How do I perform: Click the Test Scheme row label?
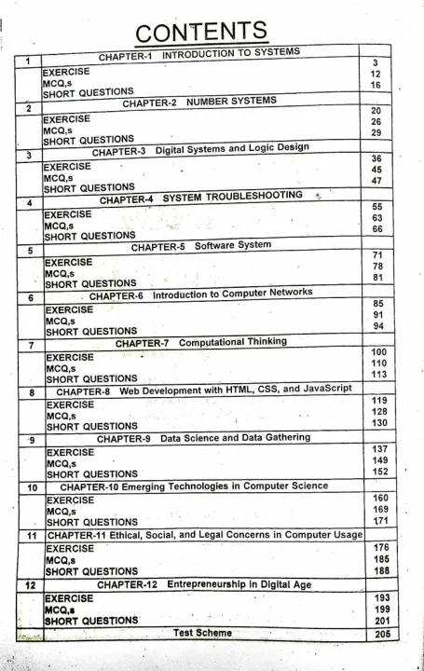click(202, 633)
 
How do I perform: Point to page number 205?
click(377, 634)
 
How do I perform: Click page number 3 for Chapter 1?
click(374, 62)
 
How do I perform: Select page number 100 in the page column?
click(376, 351)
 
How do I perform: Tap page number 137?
click(376, 447)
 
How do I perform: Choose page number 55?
click(376, 206)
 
